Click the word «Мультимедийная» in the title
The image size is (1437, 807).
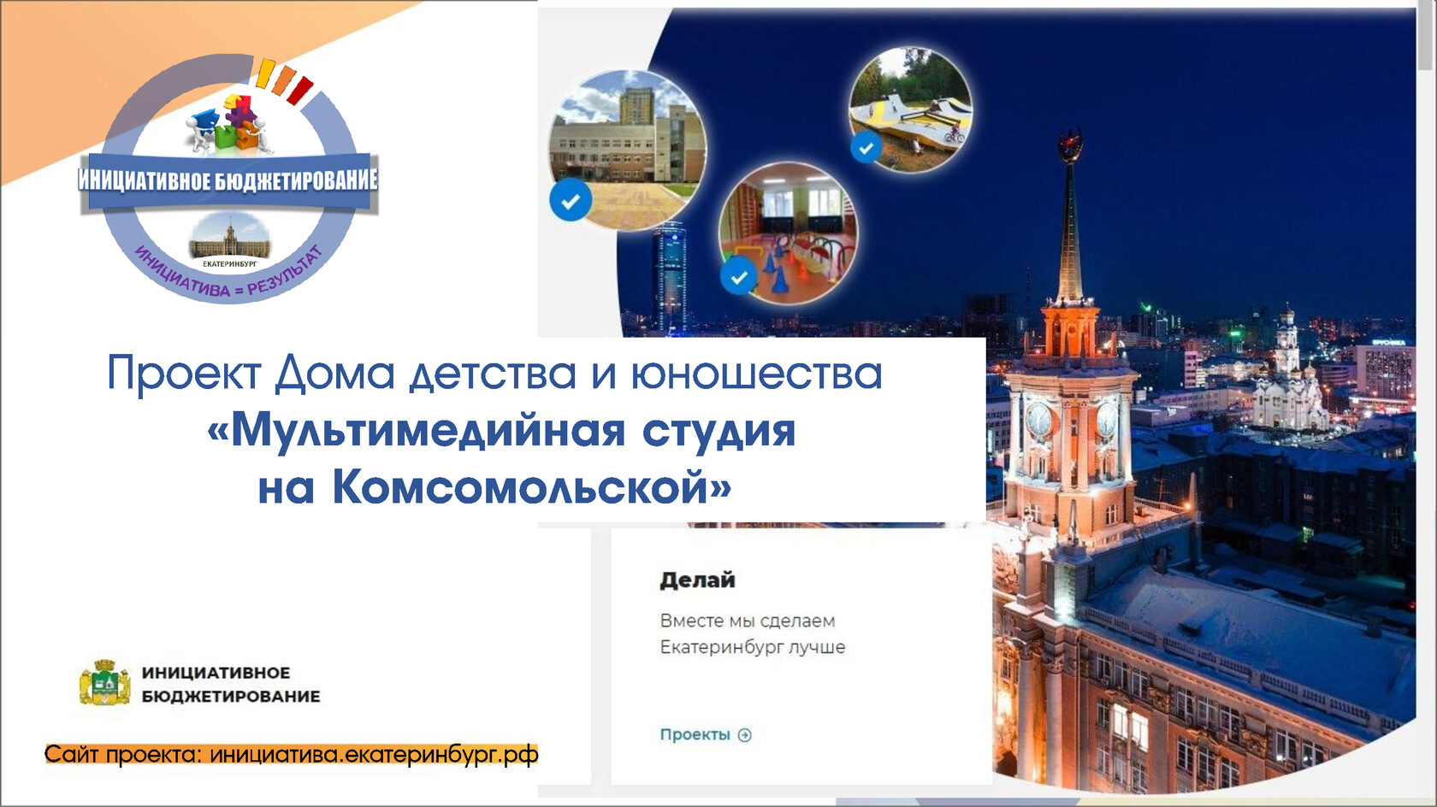pos(428,431)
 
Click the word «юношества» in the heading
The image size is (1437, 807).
pos(757,374)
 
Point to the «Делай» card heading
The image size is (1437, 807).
pos(697,580)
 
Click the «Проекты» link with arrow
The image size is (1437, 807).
pos(706,734)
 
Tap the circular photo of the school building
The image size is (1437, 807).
pos(628,149)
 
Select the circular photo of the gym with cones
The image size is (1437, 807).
pos(788,233)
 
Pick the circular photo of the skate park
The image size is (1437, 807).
pos(911,109)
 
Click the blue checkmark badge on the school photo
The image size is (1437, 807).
pos(571,200)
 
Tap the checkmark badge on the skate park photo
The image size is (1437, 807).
pos(866,148)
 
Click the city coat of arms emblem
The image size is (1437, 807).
pos(104,683)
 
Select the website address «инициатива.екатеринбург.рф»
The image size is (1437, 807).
pos(374,755)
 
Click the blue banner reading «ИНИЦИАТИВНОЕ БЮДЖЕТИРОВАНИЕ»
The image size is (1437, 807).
pos(228,181)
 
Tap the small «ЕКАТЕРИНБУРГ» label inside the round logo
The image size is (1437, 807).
pos(229,263)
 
